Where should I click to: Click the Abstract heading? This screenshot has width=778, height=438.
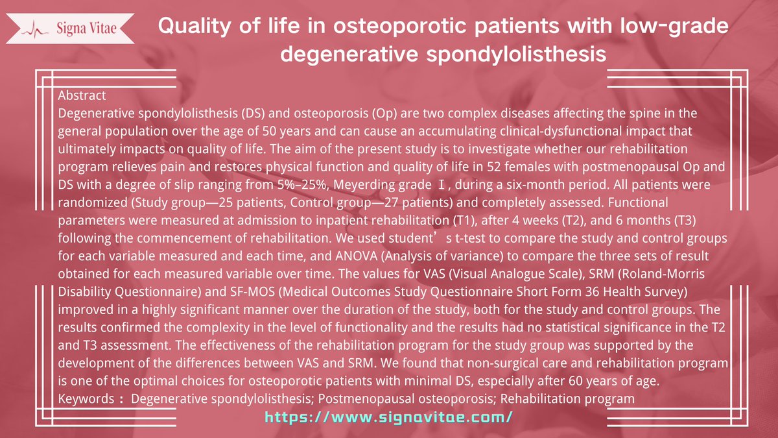[x=82, y=95]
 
